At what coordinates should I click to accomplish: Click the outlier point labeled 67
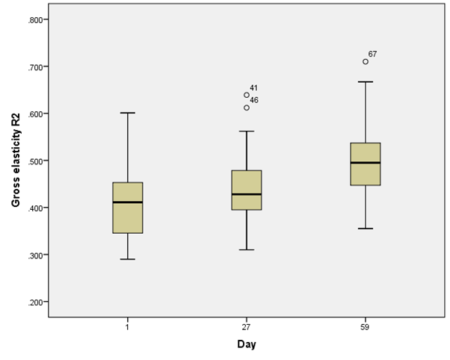(x=366, y=62)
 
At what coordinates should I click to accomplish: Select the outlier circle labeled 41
(x=247, y=95)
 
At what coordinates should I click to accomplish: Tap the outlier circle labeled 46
(x=247, y=108)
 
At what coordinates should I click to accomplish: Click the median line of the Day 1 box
(x=128, y=202)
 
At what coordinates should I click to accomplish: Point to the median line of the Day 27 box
(x=247, y=194)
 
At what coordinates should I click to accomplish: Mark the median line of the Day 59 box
(x=366, y=163)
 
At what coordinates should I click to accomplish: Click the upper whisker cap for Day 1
(x=128, y=113)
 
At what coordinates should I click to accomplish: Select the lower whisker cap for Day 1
(x=128, y=259)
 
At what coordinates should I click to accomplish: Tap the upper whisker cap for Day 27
(x=247, y=131)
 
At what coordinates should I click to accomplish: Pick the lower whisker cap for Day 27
(x=247, y=249)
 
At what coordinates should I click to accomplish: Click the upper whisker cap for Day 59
(x=366, y=81)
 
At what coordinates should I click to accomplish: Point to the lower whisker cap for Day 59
(x=366, y=229)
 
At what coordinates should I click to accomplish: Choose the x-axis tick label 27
(x=247, y=327)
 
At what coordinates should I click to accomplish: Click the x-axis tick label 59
(x=366, y=327)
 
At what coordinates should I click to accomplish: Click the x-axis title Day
(x=247, y=344)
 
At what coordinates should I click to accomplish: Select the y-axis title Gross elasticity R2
(x=14, y=161)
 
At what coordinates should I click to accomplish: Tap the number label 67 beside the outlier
(x=372, y=55)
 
